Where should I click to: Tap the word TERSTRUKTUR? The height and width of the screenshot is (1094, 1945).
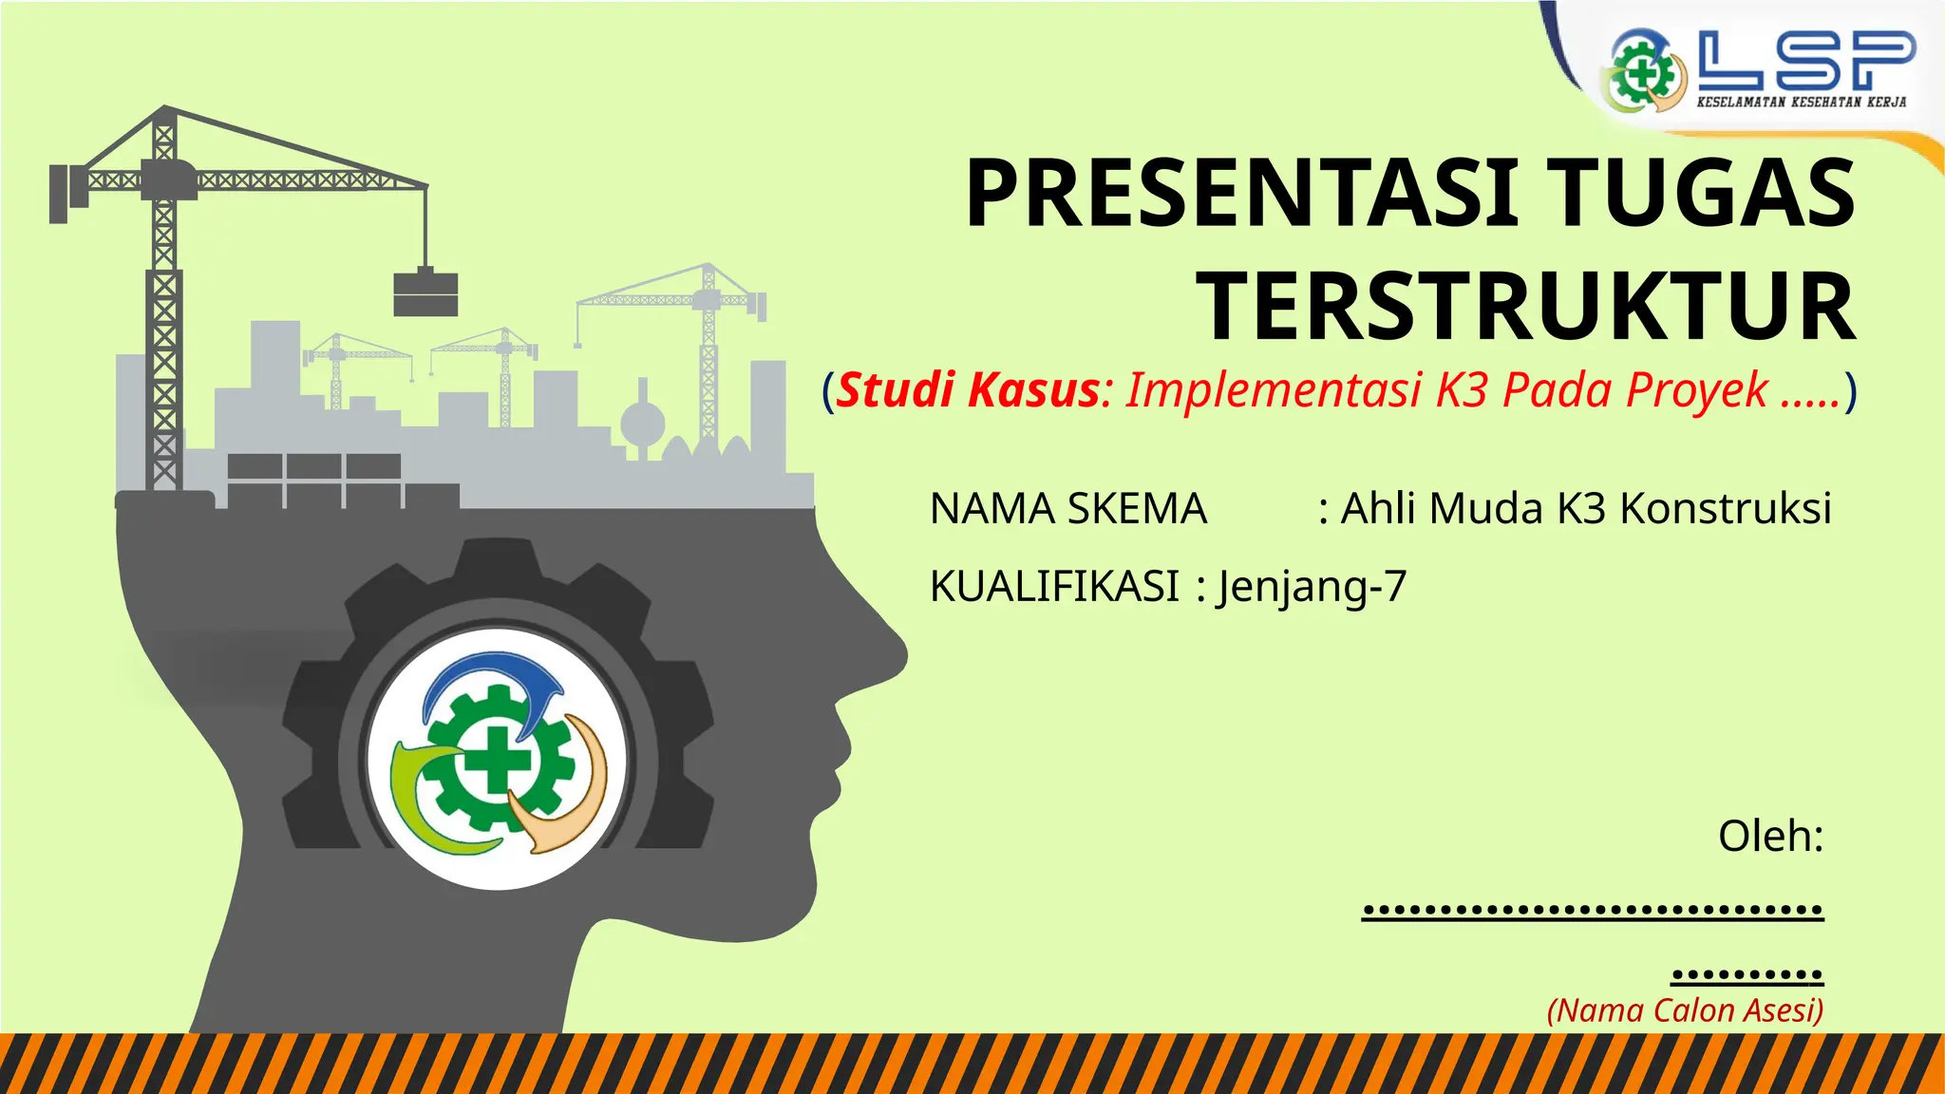(x=1525, y=306)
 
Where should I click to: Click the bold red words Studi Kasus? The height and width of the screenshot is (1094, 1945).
(x=969, y=390)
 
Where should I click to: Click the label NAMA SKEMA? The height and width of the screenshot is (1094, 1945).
(x=1068, y=509)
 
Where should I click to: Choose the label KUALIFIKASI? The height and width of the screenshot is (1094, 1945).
(x=1054, y=586)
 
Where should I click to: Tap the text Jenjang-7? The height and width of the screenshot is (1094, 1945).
(x=1312, y=586)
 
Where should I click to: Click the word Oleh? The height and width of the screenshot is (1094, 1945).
(x=1770, y=836)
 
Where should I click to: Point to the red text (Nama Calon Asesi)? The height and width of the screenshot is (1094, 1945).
(x=1685, y=1010)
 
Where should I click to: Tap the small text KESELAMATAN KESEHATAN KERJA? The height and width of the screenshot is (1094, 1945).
(x=1801, y=102)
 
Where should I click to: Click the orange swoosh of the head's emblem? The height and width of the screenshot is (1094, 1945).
(x=570, y=798)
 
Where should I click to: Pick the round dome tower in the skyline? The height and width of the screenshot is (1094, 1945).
(x=643, y=423)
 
